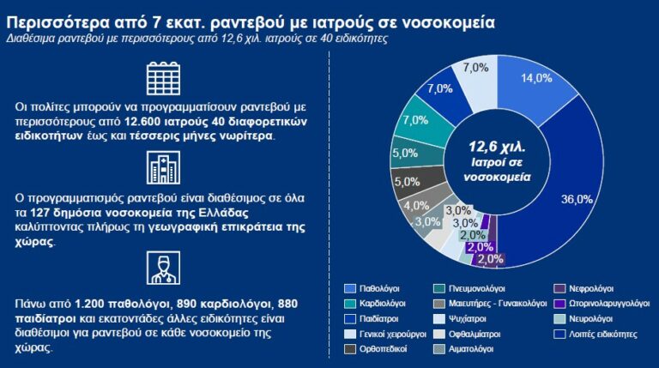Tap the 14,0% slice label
(536, 77)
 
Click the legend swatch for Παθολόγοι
(350, 288)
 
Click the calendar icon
(160, 79)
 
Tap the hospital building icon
(160, 168)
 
